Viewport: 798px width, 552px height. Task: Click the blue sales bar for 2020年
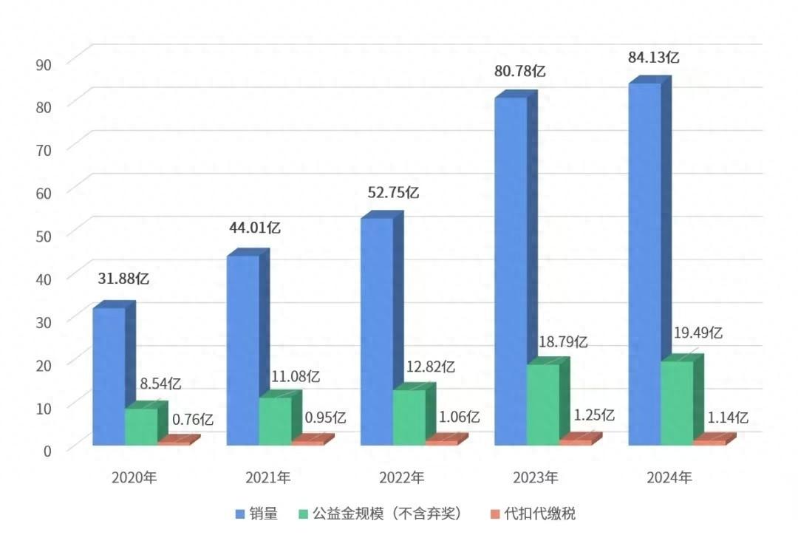tap(109, 376)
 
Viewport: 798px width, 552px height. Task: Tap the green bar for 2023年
tap(543, 404)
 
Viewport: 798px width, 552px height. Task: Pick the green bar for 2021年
tap(275, 421)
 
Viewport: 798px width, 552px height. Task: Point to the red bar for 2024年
tap(709, 442)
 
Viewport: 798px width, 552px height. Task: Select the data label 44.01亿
tap(253, 228)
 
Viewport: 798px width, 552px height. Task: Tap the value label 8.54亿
tap(160, 384)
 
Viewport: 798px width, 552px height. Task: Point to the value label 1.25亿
tap(593, 415)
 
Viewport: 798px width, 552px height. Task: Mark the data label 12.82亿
tap(430, 366)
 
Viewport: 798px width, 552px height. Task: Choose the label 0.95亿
tap(325, 418)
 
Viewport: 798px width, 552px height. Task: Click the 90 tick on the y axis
tap(43, 64)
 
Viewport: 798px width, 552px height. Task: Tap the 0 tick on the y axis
tap(46, 449)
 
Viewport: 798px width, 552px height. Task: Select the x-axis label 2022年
tap(402, 478)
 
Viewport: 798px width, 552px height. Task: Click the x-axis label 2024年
tap(669, 478)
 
